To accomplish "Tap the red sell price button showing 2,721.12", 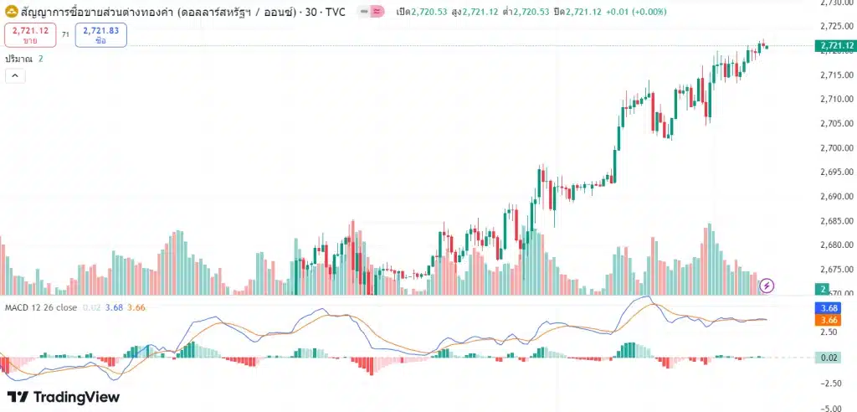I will (30, 34).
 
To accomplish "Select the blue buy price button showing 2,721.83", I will (100, 34).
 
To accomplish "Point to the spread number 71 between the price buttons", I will (65, 34).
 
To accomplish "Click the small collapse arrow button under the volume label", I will (15, 75).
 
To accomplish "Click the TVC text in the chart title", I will (334, 12).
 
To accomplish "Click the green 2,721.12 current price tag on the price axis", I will (836, 45).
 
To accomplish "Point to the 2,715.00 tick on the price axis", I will (837, 75).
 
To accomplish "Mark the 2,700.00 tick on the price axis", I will (837, 148).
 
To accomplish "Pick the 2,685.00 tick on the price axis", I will (837, 221).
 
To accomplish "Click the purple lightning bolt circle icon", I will (767, 286).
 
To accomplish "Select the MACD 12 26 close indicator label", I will (41, 307).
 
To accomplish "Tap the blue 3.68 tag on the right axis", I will (830, 307).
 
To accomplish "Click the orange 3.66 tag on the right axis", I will (830, 319).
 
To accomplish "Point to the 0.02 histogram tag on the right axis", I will (830, 358).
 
